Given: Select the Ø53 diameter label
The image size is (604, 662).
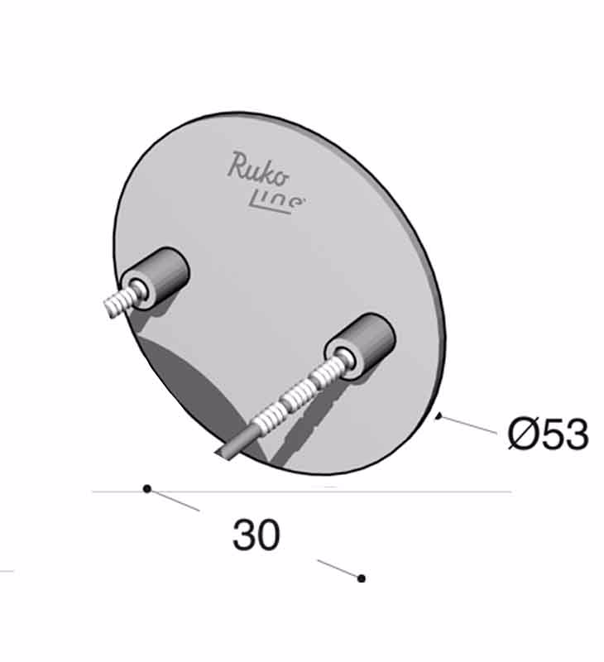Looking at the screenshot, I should click(548, 434).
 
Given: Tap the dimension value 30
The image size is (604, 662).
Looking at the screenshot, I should click(256, 535).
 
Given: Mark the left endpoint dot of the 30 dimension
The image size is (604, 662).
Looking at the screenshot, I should click(147, 489).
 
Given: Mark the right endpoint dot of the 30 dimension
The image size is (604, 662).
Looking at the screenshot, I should click(361, 578).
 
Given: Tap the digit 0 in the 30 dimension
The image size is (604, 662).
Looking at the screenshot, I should click(268, 535).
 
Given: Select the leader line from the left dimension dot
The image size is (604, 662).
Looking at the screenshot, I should click(175, 500).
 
